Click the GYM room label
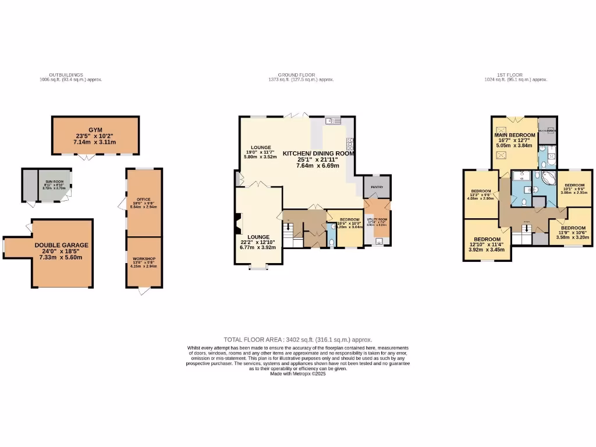(95, 130)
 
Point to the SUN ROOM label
(54, 182)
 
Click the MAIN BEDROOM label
(515, 135)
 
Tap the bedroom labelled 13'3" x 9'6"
(481, 191)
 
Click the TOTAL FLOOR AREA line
(297, 339)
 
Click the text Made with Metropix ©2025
(297, 374)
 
